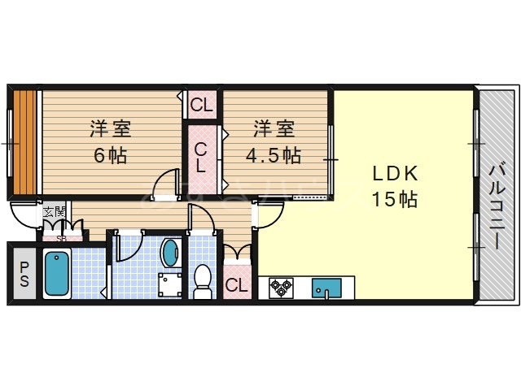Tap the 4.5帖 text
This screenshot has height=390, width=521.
[x=274, y=154]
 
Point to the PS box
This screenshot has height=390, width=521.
[x=24, y=274]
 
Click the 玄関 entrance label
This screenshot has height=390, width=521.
[x=54, y=211]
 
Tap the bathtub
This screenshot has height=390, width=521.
[x=57, y=274]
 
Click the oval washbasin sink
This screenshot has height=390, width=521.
[x=171, y=252]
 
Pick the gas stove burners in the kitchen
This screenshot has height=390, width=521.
[x=282, y=288]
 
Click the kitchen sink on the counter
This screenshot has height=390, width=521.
[x=327, y=288]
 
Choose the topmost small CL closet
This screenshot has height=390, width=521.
[x=201, y=104]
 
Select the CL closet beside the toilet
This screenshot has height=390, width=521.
[x=236, y=284]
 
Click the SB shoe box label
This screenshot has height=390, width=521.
[x=61, y=238]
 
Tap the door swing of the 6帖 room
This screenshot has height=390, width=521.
[x=168, y=182]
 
